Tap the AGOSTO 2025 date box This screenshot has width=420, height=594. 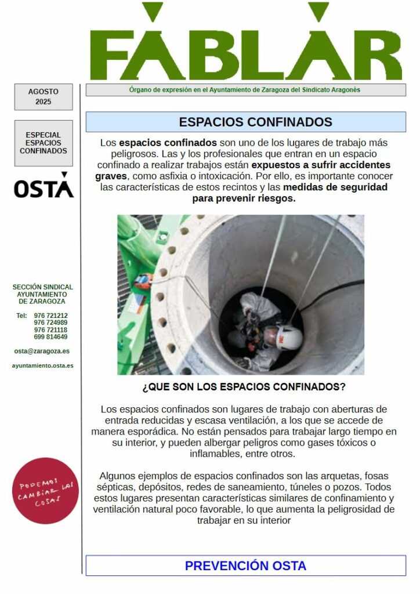point(44,97)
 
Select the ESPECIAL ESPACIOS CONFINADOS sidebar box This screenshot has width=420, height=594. point(44,143)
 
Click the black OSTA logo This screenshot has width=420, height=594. point(44,186)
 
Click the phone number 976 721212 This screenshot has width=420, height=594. point(50,316)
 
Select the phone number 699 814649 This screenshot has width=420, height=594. point(50,337)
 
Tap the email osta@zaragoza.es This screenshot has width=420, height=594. point(42,351)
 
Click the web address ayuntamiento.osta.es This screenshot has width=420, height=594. point(42,365)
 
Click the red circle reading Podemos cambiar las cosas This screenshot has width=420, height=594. point(45,491)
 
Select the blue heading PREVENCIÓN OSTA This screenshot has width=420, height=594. point(245,566)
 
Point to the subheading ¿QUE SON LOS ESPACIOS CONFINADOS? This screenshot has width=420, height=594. point(244,386)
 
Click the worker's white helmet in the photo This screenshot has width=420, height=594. point(288,335)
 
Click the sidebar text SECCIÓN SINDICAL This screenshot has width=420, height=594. point(43,287)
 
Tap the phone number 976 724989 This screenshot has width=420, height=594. point(50,323)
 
